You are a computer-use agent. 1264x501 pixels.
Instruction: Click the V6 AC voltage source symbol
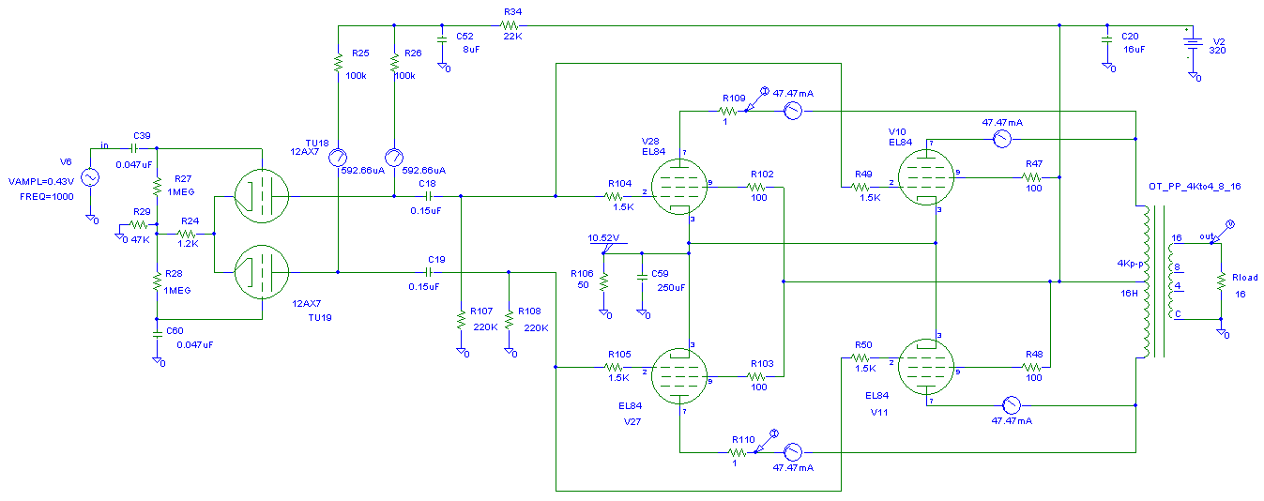click(x=91, y=177)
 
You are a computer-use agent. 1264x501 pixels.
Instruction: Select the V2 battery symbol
click(x=1193, y=43)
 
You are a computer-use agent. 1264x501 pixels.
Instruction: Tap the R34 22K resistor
click(x=511, y=25)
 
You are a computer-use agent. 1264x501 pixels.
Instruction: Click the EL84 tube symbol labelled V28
click(x=678, y=186)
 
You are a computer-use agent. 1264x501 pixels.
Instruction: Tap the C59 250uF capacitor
click(x=642, y=277)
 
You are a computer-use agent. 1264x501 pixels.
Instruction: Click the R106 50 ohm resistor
click(x=604, y=281)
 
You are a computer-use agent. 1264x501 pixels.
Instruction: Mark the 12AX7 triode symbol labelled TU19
click(x=262, y=271)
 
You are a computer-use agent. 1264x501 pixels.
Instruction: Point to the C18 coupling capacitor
click(x=428, y=196)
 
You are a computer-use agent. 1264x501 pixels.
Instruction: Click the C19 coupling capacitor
click(x=435, y=272)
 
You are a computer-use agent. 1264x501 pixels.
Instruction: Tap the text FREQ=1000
click(x=40, y=196)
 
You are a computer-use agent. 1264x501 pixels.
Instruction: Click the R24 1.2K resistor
click(x=188, y=234)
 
